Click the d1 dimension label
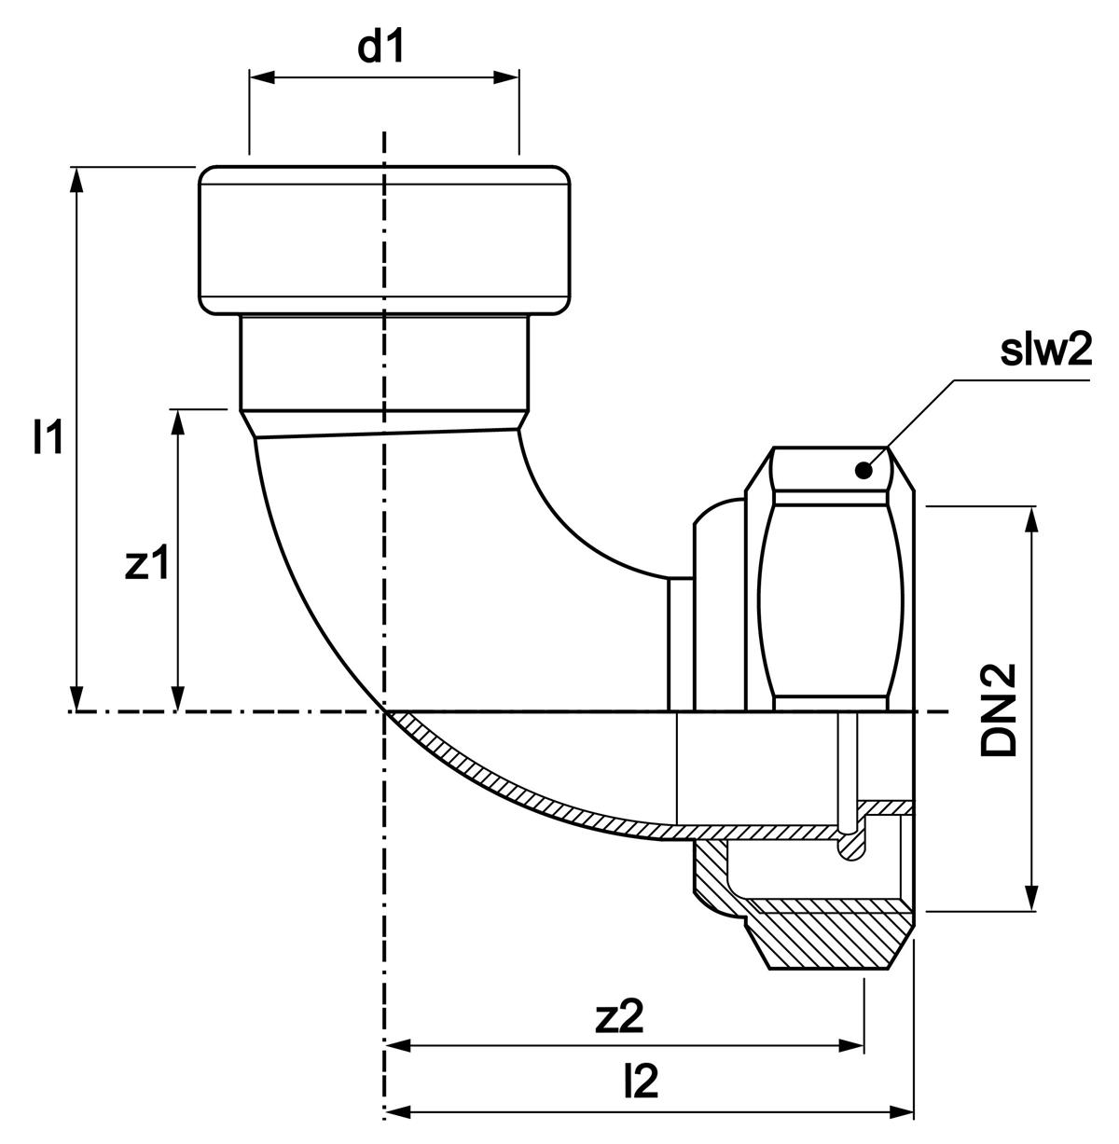382,48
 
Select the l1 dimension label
49,437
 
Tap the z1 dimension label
147,564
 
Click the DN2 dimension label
1000,710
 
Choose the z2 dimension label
620,1018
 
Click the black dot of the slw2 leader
864,471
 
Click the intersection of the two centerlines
384,713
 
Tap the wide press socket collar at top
383,241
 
